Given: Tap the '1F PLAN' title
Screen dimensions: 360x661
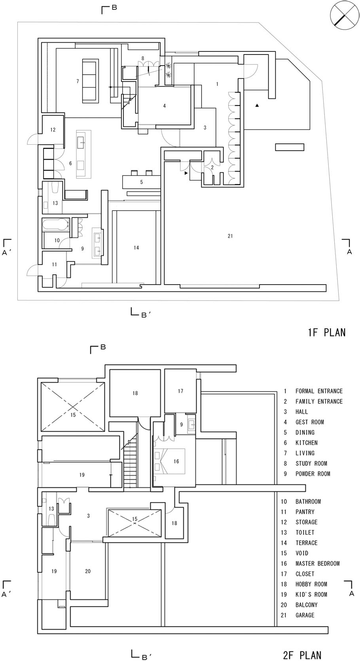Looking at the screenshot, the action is click(x=327, y=332).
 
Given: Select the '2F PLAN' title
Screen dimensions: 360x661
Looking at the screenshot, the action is click(x=302, y=655).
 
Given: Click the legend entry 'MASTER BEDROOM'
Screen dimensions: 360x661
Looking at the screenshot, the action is click(x=318, y=564).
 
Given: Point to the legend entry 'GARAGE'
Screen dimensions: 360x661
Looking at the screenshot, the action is click(x=305, y=615).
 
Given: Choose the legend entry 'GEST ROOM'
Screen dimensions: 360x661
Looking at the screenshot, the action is click(x=309, y=422).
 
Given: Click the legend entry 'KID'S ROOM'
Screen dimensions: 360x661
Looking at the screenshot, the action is click(x=311, y=595).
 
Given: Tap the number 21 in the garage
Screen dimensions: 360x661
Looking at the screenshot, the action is click(x=230, y=236).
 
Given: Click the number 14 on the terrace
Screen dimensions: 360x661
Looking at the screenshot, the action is click(x=136, y=247).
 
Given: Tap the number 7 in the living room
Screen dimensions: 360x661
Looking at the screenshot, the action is click(x=78, y=81).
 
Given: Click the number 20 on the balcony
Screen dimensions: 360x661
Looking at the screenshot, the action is click(x=88, y=571).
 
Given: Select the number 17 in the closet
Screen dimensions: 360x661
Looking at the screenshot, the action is click(x=180, y=391).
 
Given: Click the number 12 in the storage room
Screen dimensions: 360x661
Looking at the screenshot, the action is click(x=53, y=130).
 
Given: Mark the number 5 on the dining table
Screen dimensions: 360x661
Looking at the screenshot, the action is click(x=142, y=182).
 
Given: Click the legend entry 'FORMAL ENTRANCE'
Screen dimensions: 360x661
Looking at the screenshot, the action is click(x=319, y=391).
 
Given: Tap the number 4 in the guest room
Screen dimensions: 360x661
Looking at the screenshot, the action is click(x=165, y=106).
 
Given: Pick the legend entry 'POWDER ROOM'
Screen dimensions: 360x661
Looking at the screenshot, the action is click(x=313, y=474).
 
